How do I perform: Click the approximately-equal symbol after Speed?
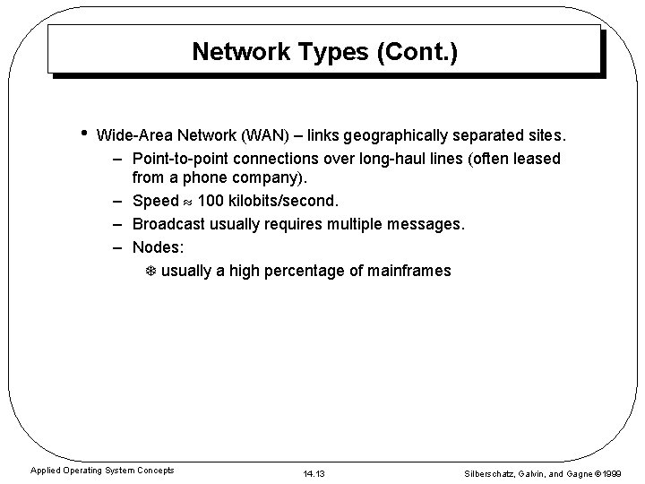(189, 201)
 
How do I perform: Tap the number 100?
(211, 201)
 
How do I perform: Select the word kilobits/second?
(284, 201)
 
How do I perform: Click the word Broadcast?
(169, 223)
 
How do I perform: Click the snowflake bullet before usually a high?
(150, 271)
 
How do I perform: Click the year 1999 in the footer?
(613, 472)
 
